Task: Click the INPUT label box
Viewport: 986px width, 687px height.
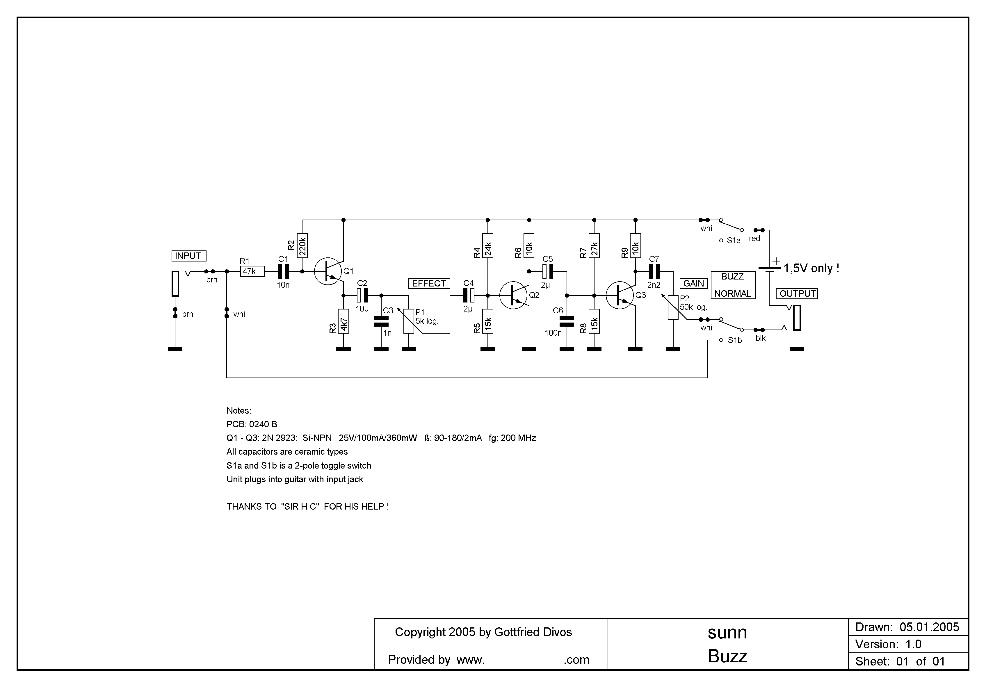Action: [188, 256]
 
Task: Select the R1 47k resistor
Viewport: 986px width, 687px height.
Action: [252, 271]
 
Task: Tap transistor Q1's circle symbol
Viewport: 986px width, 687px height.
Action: [328, 271]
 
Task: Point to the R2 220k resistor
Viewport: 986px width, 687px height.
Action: [302, 245]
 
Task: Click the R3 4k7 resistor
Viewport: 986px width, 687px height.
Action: [344, 321]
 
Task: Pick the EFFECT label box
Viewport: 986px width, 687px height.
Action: [429, 283]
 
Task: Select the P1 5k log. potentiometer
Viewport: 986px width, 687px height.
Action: [409, 321]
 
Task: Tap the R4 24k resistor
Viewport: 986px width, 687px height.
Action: [488, 245]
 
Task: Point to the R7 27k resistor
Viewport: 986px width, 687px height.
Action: [594, 245]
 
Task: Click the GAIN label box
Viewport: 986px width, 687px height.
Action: [694, 283]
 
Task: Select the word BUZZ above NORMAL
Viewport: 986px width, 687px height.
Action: [733, 277]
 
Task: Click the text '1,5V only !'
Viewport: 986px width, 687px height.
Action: [812, 268]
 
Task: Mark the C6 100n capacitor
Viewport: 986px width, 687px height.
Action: [567, 321]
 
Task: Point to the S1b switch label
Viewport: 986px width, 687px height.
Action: [735, 341]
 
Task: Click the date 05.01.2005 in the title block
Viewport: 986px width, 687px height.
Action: [929, 627]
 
